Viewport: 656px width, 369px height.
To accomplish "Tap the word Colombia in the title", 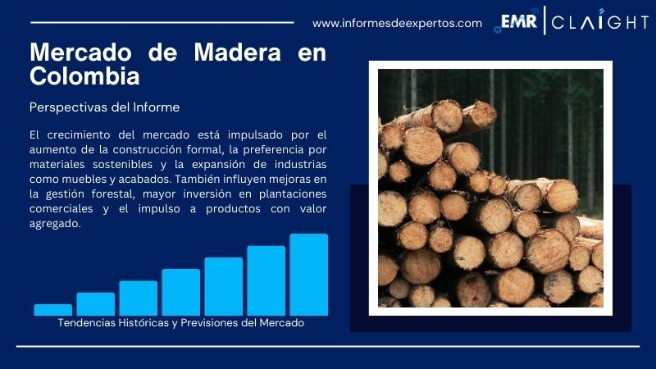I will (x=84, y=77).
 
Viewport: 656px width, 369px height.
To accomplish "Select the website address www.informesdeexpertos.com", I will (x=397, y=23).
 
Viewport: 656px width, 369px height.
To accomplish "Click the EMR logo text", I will (x=518, y=22).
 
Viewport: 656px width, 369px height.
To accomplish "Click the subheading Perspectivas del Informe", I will (x=104, y=107).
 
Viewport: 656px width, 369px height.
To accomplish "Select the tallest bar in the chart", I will (x=308, y=274).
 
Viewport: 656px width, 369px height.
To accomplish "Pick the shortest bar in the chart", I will (x=53, y=309).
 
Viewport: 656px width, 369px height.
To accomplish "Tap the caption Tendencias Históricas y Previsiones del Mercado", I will (x=181, y=323).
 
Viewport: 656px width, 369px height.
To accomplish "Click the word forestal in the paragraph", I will (x=125, y=194).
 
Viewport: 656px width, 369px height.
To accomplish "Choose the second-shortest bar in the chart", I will (x=96, y=303).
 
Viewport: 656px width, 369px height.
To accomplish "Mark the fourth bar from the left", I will (x=180, y=292).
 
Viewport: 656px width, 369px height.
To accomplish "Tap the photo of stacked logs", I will (x=490, y=189).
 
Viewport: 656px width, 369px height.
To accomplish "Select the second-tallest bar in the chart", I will (x=266, y=280).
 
